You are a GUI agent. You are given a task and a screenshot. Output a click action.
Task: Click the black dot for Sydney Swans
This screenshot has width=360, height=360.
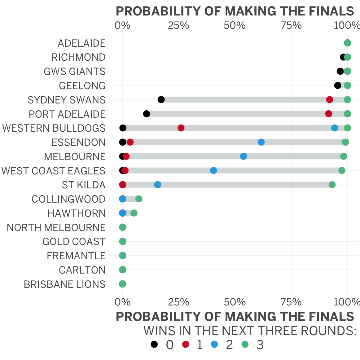(x=161, y=100)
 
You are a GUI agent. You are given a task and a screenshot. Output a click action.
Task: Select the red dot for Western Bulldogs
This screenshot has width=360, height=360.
(x=181, y=128)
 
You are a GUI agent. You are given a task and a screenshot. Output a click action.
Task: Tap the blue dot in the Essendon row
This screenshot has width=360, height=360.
(x=261, y=142)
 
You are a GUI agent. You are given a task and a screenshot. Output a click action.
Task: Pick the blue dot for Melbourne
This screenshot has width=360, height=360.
(x=244, y=156)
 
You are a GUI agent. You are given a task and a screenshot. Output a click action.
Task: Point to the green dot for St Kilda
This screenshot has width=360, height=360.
(x=332, y=185)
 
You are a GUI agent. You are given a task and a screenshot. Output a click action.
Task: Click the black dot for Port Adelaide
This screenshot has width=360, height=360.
(x=147, y=114)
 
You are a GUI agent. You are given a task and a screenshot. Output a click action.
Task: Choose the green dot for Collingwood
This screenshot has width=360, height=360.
(x=139, y=199)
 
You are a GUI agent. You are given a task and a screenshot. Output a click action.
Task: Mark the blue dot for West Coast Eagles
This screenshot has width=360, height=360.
(x=213, y=171)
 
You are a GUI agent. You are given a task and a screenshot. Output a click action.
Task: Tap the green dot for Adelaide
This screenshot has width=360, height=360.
(x=348, y=43)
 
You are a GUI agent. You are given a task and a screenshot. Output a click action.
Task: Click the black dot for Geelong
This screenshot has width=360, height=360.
(x=337, y=86)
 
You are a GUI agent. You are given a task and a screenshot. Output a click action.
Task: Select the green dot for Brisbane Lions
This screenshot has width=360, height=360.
(x=123, y=284)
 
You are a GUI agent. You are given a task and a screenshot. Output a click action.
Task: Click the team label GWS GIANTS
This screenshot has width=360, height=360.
(x=75, y=71)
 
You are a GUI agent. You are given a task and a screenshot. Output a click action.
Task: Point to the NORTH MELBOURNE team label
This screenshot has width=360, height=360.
(x=56, y=227)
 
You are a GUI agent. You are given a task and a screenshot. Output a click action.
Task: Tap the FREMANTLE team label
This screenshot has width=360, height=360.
(x=76, y=256)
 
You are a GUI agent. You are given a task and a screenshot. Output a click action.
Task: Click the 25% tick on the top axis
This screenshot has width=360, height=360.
(x=179, y=25)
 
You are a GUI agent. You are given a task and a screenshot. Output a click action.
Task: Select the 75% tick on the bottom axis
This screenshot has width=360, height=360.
(x=291, y=302)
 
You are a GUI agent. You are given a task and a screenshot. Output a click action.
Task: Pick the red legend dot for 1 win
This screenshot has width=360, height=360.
(x=186, y=344)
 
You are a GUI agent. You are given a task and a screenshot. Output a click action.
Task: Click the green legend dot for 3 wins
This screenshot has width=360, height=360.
(x=245, y=344)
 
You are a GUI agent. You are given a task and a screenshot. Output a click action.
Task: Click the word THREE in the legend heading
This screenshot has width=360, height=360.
(x=271, y=331)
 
